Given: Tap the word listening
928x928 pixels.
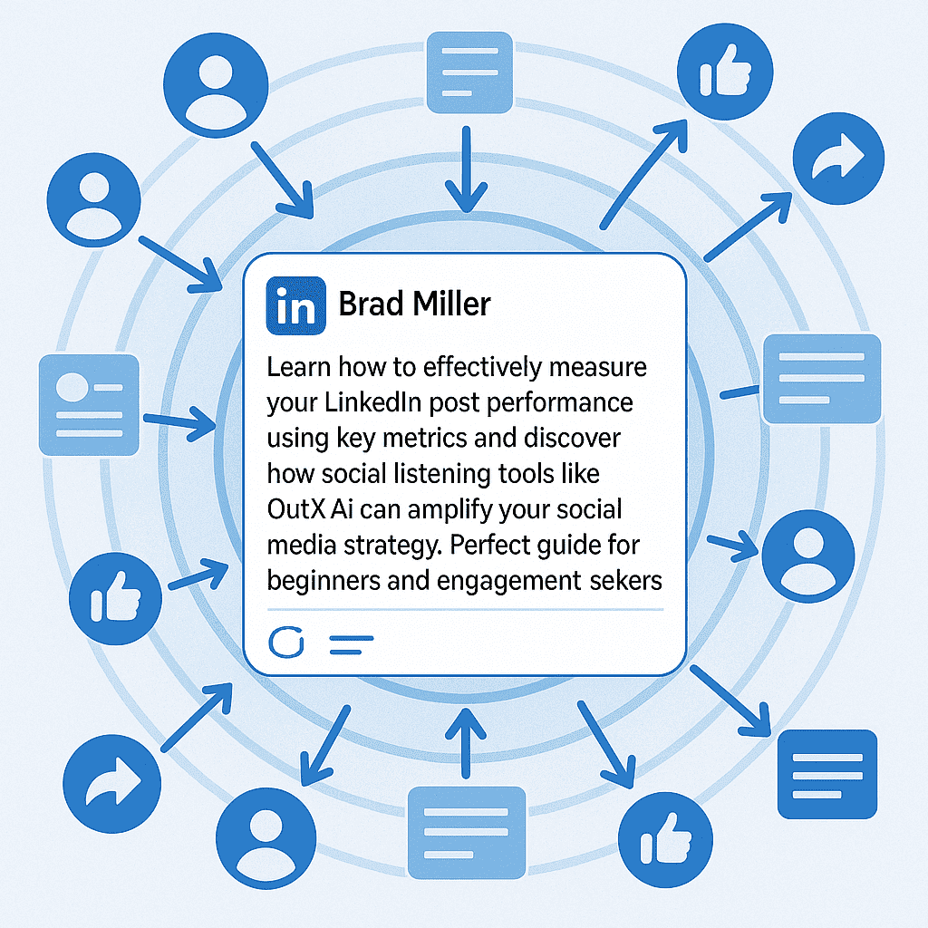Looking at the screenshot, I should pos(422,474).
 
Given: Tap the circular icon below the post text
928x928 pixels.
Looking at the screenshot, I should pos(286,643).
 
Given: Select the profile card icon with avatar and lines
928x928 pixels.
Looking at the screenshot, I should pos(89,404).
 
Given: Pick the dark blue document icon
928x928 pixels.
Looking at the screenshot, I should pos(828,773).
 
